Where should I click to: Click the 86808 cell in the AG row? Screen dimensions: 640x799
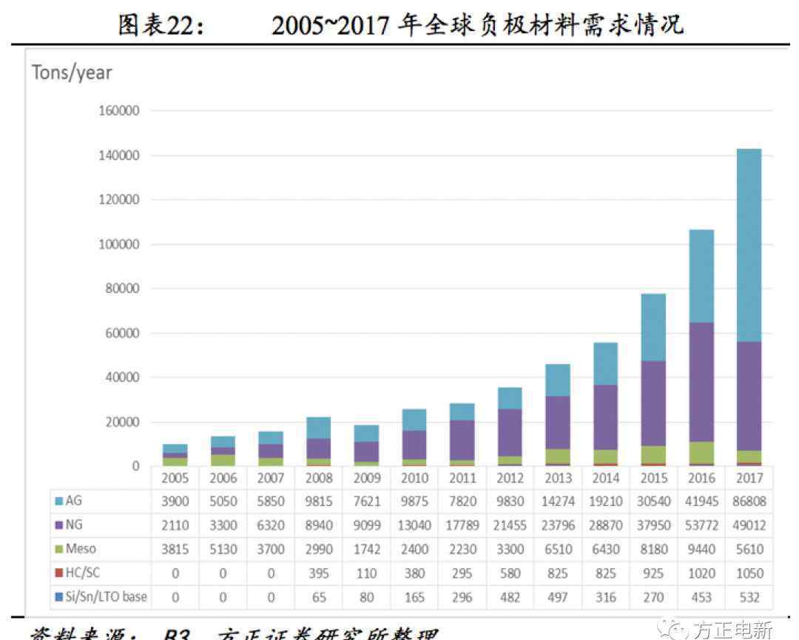click(749, 501)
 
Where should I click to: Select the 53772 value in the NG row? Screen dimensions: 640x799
click(701, 525)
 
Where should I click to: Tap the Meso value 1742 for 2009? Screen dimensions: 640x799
click(366, 549)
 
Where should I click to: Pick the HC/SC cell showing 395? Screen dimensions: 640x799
click(319, 573)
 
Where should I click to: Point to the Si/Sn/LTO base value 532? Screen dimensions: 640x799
click(749, 596)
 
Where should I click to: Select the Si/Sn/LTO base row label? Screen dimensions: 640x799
click(107, 596)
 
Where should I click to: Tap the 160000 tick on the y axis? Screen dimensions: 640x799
click(119, 111)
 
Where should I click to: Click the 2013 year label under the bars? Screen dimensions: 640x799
click(558, 478)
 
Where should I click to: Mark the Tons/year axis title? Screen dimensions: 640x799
click(72, 73)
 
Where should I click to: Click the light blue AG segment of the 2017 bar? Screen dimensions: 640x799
click(749, 244)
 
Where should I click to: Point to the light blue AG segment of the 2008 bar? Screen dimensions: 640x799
click(319, 428)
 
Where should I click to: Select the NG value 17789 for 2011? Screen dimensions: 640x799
click(462, 525)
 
